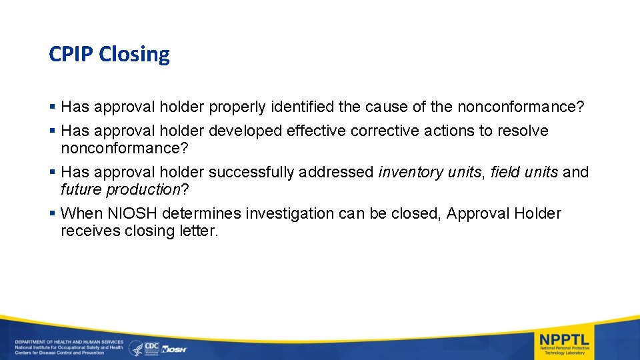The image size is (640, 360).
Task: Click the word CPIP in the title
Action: pyautogui.click(x=71, y=54)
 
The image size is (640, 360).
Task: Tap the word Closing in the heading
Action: pyautogui.click(x=135, y=55)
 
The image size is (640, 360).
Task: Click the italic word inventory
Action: pyautogui.click(x=409, y=172)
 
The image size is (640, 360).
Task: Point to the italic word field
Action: pyautogui.click(x=505, y=172)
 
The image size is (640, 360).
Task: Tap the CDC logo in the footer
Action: pyautogui.click(x=151, y=347)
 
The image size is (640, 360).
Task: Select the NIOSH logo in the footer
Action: pyautogui.click(x=175, y=349)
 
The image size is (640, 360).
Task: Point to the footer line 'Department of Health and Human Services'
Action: pyautogui.click(x=69, y=342)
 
